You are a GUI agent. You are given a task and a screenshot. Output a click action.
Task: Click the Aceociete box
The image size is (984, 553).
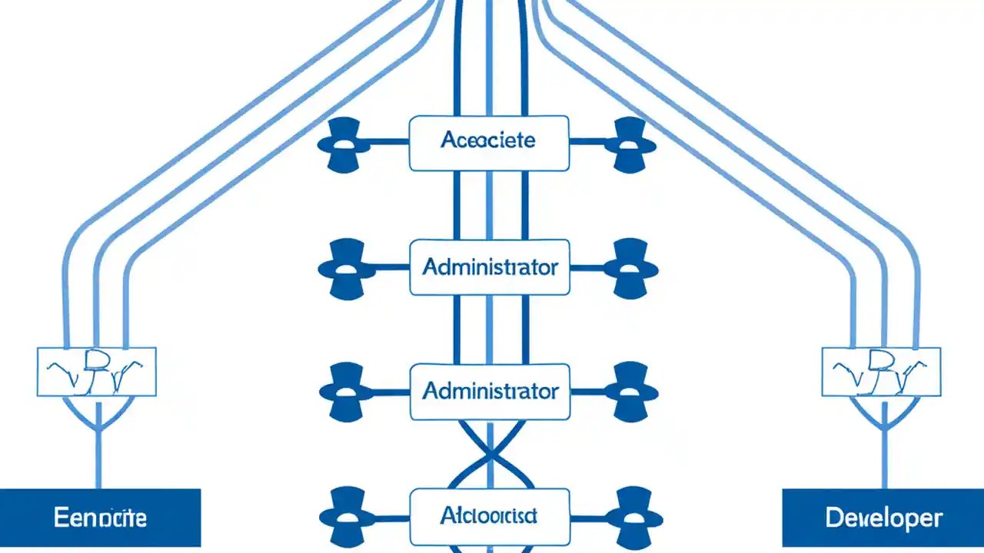[489, 143]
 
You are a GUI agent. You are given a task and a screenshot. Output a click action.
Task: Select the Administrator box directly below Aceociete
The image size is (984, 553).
[489, 267]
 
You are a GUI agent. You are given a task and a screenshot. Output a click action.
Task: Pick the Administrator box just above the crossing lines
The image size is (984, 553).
[489, 392]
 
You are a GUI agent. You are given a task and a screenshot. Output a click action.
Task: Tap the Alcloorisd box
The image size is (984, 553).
[489, 516]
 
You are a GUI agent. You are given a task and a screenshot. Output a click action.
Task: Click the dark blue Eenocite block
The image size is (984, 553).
[100, 518]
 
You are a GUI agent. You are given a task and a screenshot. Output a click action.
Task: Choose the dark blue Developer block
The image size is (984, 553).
[883, 518]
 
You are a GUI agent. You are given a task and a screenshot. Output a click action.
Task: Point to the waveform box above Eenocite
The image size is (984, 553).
[97, 372]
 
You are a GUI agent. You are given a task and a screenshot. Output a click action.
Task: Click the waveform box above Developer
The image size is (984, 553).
[881, 372]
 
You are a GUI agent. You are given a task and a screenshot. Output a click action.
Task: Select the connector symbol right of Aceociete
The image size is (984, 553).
[630, 144]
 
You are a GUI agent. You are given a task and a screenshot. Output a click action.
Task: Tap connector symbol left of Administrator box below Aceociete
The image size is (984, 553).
[346, 268]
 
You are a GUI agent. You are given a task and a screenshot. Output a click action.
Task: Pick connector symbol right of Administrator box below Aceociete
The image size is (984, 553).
[631, 268]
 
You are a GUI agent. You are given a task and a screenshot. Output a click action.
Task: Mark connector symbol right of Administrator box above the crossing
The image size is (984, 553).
[632, 392]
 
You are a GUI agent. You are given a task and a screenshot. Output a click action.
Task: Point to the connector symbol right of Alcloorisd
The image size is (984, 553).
[632, 516]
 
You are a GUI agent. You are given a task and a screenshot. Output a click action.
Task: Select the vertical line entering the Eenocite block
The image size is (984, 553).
[98, 453]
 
